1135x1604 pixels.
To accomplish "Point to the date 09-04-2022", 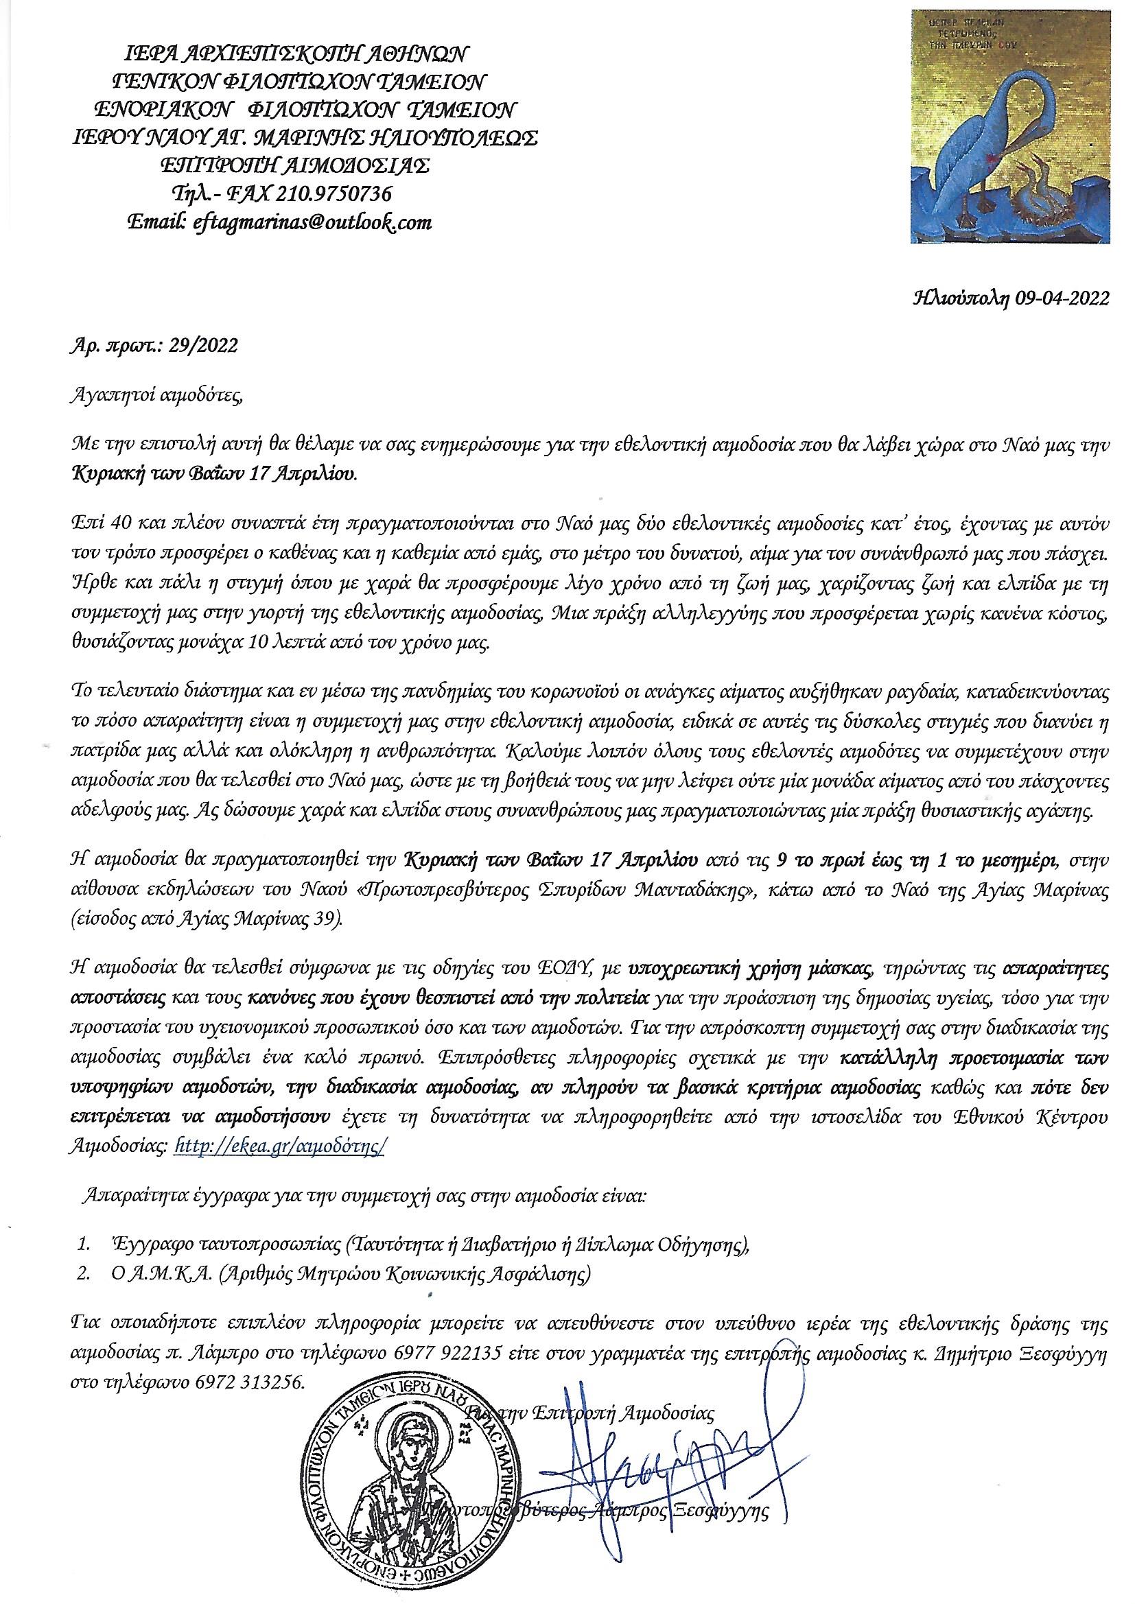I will click(x=1057, y=299).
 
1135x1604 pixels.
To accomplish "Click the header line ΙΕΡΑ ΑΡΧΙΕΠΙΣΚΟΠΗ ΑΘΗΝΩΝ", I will click(x=292, y=54).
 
